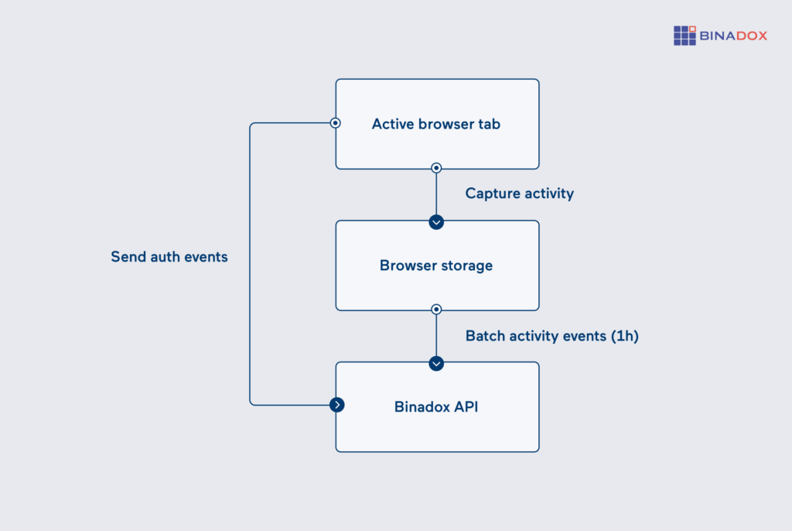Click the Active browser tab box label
(436, 124)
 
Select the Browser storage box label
(436, 265)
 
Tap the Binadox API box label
(436, 406)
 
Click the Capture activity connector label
(519, 194)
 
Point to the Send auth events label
(169, 257)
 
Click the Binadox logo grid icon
(684, 36)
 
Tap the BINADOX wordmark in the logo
(733, 36)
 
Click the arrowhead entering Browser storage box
(436, 222)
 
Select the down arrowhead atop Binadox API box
(436, 364)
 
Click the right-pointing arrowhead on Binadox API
(336, 404)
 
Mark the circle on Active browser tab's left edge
(336, 123)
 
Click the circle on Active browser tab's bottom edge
(436, 167)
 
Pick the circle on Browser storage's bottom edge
(436, 309)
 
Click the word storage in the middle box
(466, 265)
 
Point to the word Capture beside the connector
(493, 194)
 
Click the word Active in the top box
(393, 124)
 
